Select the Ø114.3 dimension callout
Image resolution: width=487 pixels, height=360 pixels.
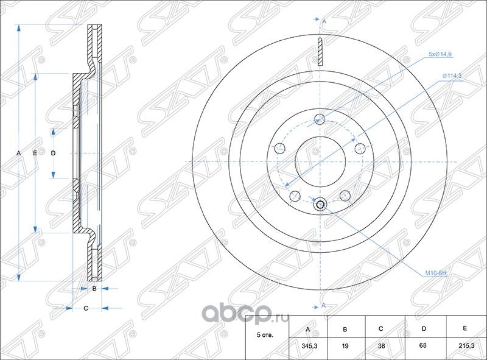pyautogui.click(x=452, y=75)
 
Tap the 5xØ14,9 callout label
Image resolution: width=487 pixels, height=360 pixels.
pyautogui.click(x=440, y=55)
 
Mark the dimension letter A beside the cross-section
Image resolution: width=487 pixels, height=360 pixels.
pyautogui.click(x=19, y=152)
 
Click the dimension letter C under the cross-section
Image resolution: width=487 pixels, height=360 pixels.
pyautogui.click(x=86, y=308)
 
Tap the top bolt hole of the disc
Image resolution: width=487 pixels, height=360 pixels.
pyautogui.click(x=320, y=119)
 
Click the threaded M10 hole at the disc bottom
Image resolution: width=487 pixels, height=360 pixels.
pyautogui.click(x=320, y=205)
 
